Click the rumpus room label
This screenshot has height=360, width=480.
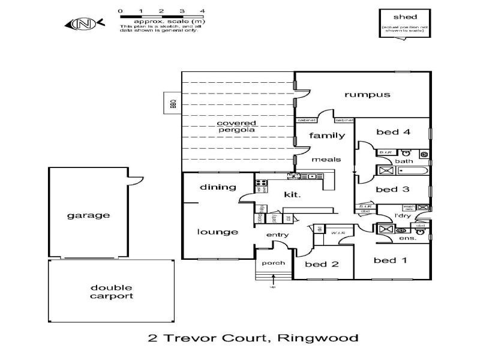click(367, 94)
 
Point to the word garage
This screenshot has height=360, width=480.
click(88, 215)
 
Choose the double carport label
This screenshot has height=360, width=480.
click(112, 292)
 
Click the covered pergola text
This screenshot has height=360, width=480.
click(236, 127)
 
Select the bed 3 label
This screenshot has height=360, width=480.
click(392, 189)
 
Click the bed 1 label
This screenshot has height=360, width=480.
click(389, 260)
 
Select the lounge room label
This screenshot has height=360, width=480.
click(217, 232)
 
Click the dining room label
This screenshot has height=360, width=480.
click(218, 187)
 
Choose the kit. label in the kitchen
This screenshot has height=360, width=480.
click(292, 194)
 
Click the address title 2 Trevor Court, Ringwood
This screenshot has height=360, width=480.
click(253, 338)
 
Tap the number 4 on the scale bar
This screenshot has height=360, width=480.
click(202, 11)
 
